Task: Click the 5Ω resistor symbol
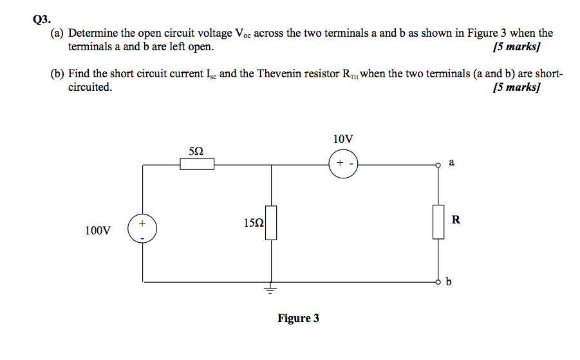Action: [x=197, y=165]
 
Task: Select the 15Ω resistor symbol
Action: [x=271, y=223]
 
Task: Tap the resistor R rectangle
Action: [x=438, y=222]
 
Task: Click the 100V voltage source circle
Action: [x=142, y=229]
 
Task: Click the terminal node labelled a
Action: [x=438, y=165]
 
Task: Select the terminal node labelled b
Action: [x=438, y=281]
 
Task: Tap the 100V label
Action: [x=98, y=230]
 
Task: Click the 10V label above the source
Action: [x=344, y=139]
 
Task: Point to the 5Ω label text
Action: [x=197, y=151]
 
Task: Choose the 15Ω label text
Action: [x=254, y=223]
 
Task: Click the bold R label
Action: [x=456, y=220]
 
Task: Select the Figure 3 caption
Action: [x=298, y=318]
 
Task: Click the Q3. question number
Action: [x=41, y=19]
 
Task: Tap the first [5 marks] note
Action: [x=515, y=46]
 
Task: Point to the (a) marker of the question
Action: [x=57, y=33]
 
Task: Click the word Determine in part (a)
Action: [x=95, y=33]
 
